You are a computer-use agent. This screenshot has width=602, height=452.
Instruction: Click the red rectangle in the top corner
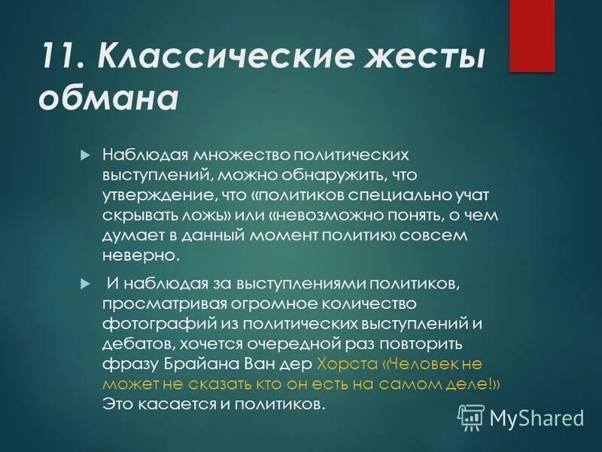coord(531,35)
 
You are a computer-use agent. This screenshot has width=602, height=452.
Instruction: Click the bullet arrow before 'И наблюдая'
coord(84,282)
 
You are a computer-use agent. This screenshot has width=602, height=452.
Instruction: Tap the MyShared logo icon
coord(471,416)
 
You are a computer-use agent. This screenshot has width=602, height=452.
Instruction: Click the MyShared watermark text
coord(537,417)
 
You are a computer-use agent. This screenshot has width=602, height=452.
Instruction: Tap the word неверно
coord(141,256)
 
